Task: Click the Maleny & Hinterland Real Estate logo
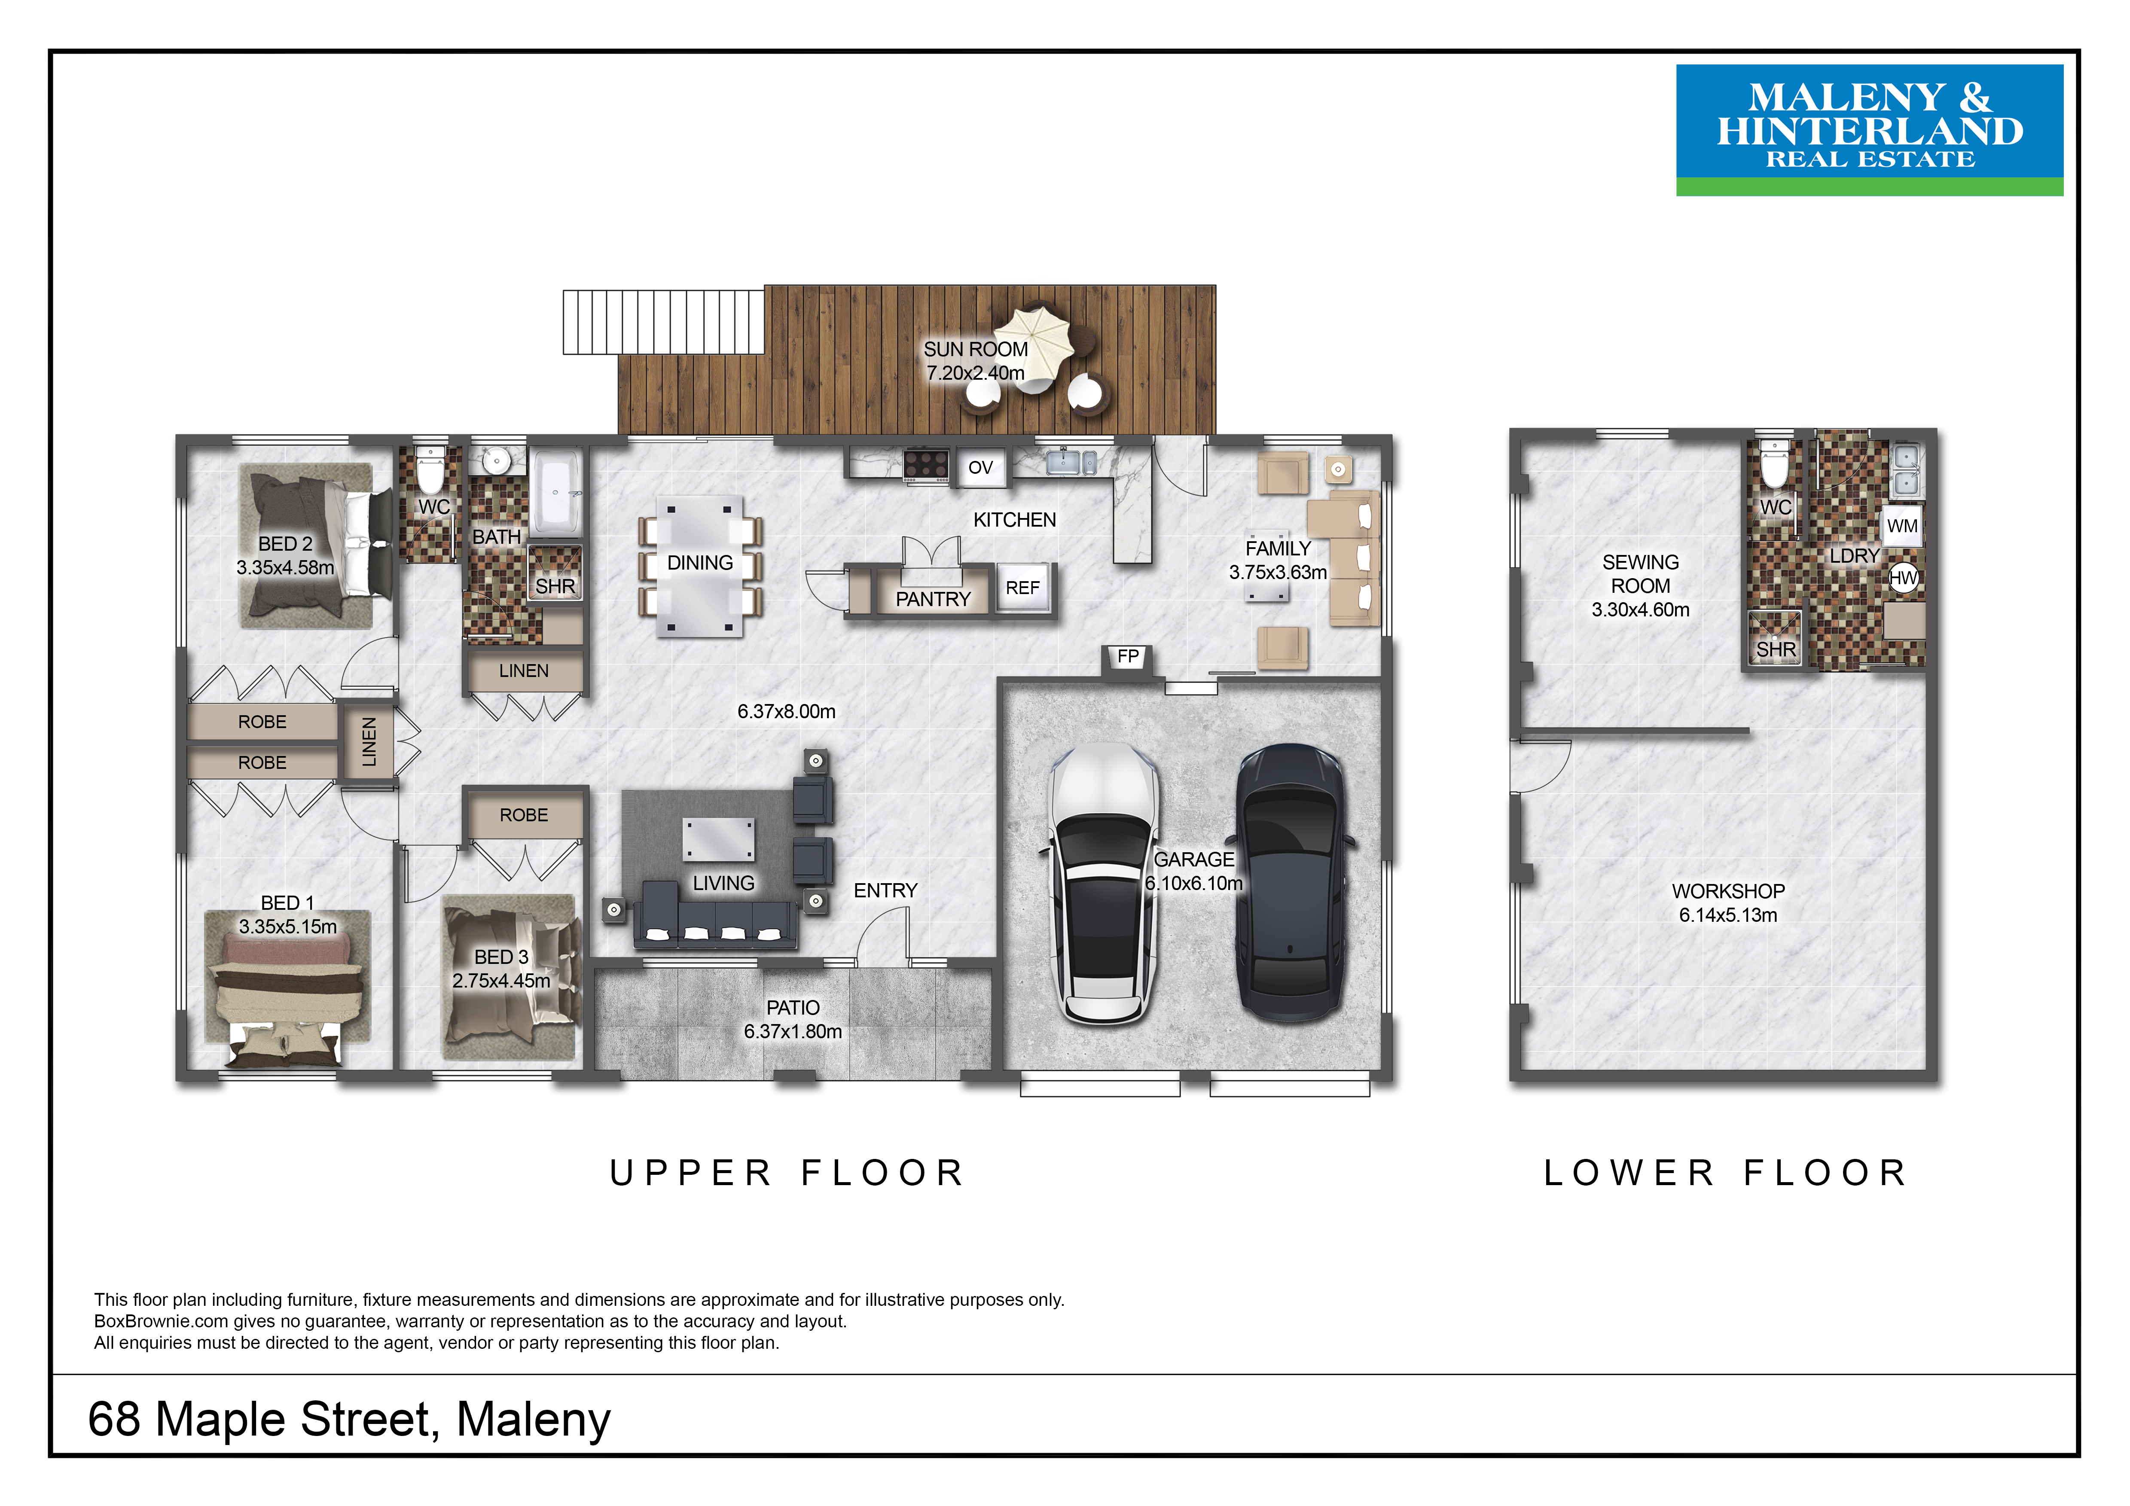pyautogui.click(x=1869, y=130)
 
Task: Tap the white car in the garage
pyautogui.click(x=1103, y=883)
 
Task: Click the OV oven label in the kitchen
pyautogui.click(x=980, y=467)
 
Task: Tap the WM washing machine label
pyautogui.click(x=1902, y=526)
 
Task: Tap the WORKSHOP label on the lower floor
pyautogui.click(x=1728, y=891)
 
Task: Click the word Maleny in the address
pyautogui.click(x=534, y=1420)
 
